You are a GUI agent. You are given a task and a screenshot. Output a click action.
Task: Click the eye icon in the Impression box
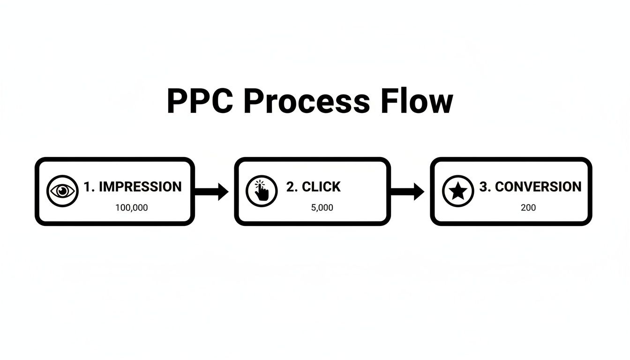pyautogui.click(x=62, y=191)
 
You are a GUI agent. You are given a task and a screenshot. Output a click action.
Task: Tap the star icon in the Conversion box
pyautogui.click(x=458, y=191)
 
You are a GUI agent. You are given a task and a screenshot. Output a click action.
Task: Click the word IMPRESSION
pyautogui.click(x=140, y=187)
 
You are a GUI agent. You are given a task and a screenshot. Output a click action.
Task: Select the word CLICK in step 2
pyautogui.click(x=321, y=187)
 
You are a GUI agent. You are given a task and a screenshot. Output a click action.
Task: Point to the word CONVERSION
pyautogui.click(x=538, y=187)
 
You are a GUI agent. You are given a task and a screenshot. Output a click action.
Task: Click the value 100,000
pyautogui.click(x=131, y=207)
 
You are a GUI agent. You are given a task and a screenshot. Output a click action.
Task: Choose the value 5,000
pyautogui.click(x=322, y=207)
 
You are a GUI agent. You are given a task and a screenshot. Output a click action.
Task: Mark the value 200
pyautogui.click(x=528, y=207)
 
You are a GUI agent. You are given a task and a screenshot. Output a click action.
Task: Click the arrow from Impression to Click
pyautogui.click(x=211, y=191)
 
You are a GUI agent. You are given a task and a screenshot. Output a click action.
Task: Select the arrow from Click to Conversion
pyautogui.click(x=407, y=191)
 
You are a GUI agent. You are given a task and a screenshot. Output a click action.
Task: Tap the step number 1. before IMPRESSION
pyautogui.click(x=89, y=187)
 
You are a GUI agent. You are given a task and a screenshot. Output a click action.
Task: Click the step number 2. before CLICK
pyautogui.click(x=292, y=187)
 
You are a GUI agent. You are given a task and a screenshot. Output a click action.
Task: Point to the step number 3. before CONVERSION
pyautogui.click(x=485, y=187)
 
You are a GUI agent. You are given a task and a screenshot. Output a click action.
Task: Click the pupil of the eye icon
pyautogui.click(x=62, y=191)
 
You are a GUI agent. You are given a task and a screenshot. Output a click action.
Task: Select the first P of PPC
pyautogui.click(x=177, y=101)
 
